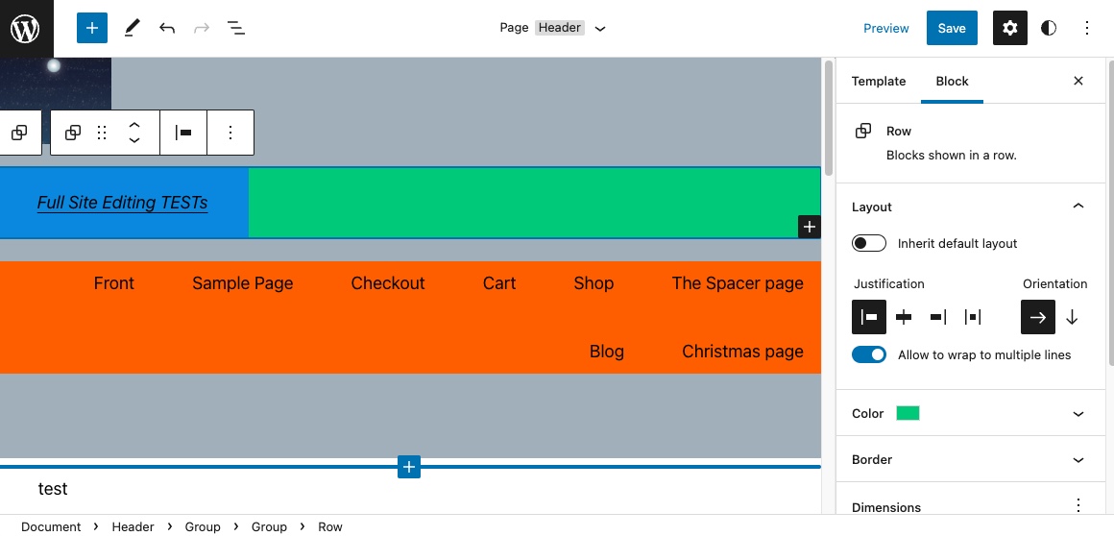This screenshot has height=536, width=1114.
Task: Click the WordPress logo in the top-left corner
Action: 26,28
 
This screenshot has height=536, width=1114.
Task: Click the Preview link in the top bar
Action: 885,28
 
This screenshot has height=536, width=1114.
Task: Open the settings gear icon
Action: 1009,28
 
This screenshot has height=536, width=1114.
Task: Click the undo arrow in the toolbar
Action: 167,28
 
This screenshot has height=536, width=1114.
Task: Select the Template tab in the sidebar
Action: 878,81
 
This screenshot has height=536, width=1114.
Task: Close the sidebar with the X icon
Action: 1078,81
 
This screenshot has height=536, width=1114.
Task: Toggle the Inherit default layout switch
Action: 869,243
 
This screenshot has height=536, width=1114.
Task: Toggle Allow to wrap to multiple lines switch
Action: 869,354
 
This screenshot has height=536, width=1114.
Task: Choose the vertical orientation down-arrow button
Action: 1072,317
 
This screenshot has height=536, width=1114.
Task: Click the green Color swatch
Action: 908,413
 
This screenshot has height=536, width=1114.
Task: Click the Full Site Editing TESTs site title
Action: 122,203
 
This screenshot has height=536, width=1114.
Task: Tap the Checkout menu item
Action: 387,283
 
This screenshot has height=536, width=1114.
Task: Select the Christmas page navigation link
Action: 741,352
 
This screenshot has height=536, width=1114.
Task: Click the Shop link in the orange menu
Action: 593,283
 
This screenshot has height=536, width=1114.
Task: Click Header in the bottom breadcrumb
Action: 133,526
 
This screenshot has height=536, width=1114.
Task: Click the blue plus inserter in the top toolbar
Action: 92,28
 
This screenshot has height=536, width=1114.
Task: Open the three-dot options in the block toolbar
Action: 230,133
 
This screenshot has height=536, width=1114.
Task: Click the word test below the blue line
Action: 53,489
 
